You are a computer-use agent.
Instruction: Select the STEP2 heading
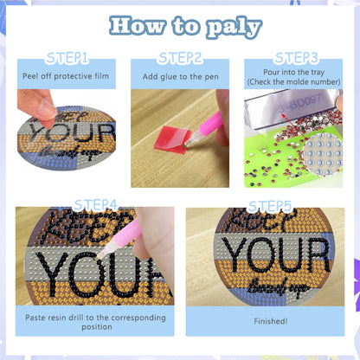pos(180,58)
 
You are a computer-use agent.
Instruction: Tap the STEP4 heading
pos(96,204)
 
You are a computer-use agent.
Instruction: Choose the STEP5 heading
pos(270,205)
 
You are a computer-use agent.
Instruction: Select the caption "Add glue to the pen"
pos(179,76)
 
